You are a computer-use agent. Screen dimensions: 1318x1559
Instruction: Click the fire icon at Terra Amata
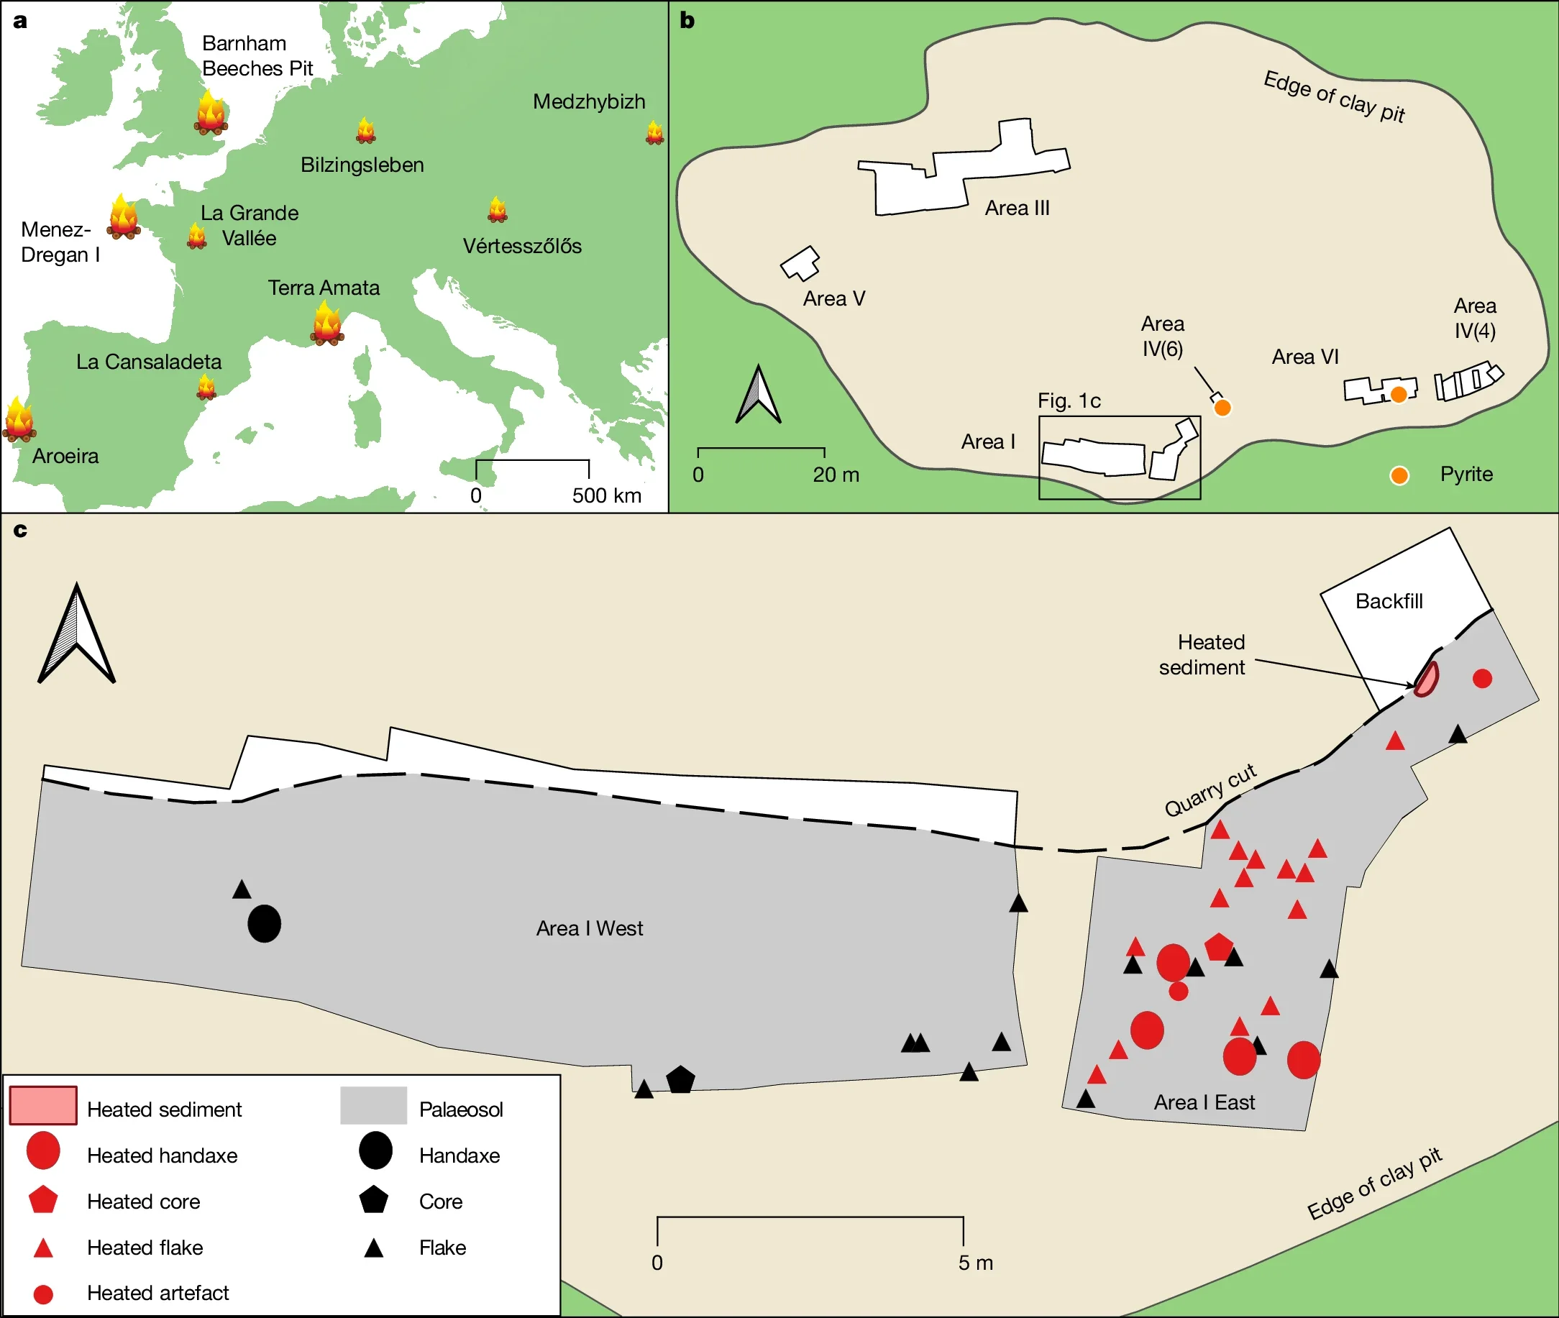(x=326, y=324)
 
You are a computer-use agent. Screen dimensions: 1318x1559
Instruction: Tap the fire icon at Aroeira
(x=19, y=419)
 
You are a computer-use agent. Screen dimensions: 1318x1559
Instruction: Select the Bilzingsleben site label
(x=362, y=165)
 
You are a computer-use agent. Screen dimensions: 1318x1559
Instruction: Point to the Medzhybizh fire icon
(x=654, y=132)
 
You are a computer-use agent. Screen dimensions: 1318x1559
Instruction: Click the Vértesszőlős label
(x=521, y=246)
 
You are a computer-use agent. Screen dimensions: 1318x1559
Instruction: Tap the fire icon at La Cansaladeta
(x=206, y=387)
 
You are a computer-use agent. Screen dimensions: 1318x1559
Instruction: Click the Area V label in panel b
(x=834, y=299)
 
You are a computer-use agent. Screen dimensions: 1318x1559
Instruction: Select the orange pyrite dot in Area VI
(x=1399, y=394)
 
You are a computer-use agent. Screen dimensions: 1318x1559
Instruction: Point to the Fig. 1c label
(x=1069, y=401)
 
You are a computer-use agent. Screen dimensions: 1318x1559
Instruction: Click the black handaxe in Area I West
(x=264, y=923)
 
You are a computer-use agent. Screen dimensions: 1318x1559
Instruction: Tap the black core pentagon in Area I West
(x=680, y=1079)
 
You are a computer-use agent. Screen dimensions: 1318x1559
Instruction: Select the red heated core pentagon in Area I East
(x=1219, y=947)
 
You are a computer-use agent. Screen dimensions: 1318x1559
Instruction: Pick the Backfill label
(x=1389, y=601)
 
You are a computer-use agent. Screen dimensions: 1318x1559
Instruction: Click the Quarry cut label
(x=1211, y=790)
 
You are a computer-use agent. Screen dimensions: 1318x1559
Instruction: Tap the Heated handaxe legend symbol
(x=42, y=1150)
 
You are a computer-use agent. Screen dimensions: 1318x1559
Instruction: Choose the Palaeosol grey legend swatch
(x=373, y=1105)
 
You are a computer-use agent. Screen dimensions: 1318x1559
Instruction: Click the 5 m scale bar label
(x=975, y=1263)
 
